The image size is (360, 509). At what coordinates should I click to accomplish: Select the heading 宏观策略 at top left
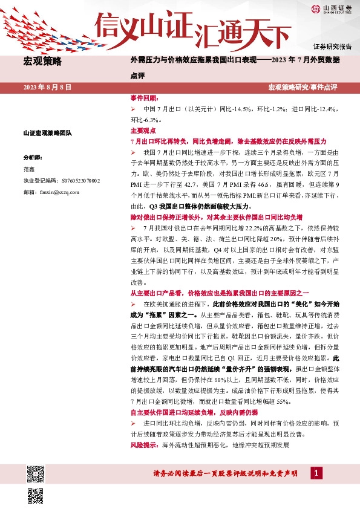click(x=42, y=61)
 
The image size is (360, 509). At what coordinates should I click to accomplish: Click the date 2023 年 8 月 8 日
click(x=47, y=88)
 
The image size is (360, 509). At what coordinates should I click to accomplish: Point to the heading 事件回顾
click(x=143, y=97)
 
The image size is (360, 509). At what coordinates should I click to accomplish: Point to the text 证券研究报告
click(x=332, y=47)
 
